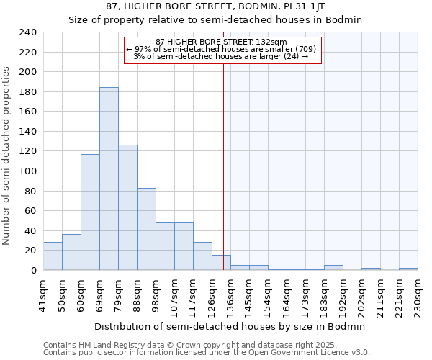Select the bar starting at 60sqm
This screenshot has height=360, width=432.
coord(90,212)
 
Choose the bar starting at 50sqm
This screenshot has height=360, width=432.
coord(71,252)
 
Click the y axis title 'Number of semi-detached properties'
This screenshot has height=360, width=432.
coord(7,156)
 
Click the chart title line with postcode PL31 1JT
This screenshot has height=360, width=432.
coord(215,6)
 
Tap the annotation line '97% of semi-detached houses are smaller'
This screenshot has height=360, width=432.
coord(221,49)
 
